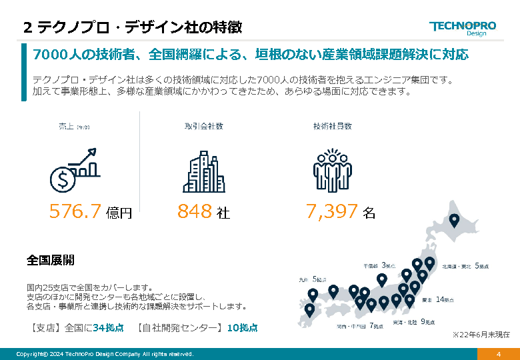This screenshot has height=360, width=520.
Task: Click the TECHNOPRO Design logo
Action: [463, 28]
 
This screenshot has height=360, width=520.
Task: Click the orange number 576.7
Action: [75, 212]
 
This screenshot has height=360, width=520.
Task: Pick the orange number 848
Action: [195, 212]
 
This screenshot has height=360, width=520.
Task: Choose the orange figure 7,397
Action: [332, 212]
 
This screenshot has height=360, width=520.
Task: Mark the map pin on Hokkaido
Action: [455, 219]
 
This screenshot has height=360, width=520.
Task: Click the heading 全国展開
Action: [51, 260]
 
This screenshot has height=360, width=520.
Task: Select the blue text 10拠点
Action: [242, 328]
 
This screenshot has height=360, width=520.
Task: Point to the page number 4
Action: [498, 354]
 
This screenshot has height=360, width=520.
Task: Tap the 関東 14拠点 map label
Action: [437, 299]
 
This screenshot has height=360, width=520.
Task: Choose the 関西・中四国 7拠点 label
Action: [359, 327]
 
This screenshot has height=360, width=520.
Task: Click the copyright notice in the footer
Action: [105, 354]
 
